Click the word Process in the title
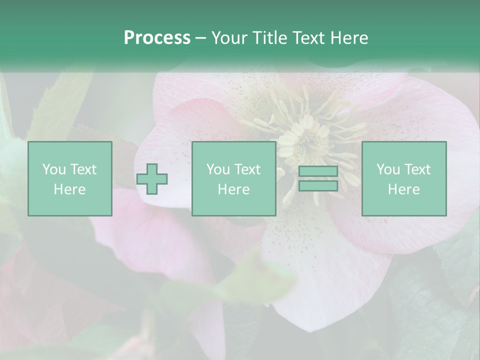(157, 38)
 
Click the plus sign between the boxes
(152, 179)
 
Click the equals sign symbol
(318, 179)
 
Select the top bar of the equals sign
(318, 171)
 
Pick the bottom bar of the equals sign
(318, 186)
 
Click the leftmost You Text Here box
(69, 179)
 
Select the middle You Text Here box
(233, 179)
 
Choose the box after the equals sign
(403, 179)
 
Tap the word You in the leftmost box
(54, 169)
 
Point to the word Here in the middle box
(233, 189)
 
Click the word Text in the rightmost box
(417, 169)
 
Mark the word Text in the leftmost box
(83, 169)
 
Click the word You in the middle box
(218, 169)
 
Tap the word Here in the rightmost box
(403, 189)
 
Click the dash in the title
(201, 38)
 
